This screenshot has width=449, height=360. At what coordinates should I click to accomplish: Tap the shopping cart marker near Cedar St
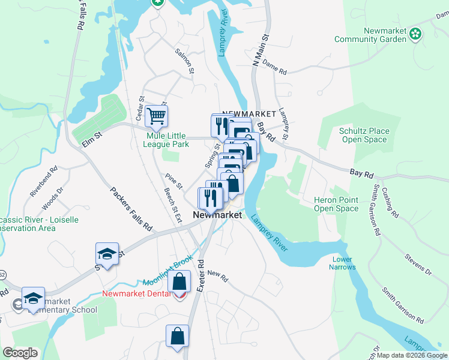[x=156, y=115]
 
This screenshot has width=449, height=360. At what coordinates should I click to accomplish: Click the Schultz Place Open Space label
[x=364, y=135]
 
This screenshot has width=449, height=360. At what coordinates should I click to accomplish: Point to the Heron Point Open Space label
[x=336, y=204]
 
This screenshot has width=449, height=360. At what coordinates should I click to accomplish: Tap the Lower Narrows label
[x=343, y=263]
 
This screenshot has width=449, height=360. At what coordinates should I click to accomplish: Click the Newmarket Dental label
[x=141, y=294]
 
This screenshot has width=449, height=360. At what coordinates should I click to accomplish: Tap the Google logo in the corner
[x=20, y=353]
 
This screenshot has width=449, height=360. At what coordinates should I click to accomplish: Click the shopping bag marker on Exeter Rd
[x=178, y=337]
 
